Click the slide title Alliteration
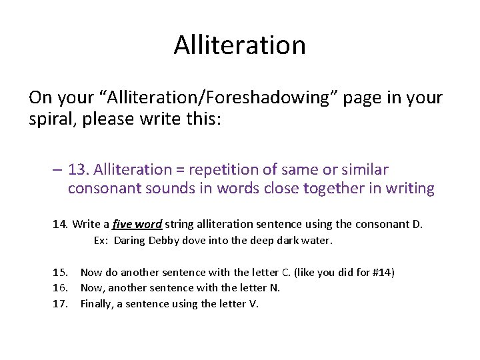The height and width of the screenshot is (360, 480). pos(240,45)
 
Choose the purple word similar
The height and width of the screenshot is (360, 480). pos(365,170)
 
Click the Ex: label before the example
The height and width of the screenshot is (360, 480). pos(101,241)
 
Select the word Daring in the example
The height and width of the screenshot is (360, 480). pos(129,241)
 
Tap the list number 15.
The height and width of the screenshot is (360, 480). pos(60,272)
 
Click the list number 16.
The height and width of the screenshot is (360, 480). pos(60,288)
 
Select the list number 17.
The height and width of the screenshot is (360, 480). pos(60,304)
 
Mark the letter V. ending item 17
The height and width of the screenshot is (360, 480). pos(253,304)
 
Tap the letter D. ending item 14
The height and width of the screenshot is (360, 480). pos(417,224)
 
